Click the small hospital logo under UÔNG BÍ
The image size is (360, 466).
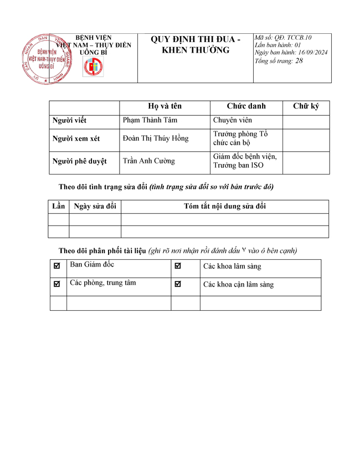coord(93,68)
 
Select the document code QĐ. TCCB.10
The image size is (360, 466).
coord(293,38)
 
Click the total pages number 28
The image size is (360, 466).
coord(299,61)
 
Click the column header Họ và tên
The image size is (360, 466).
coord(164,106)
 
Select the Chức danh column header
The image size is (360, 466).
coord(246,106)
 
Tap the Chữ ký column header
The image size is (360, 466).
coord(306,106)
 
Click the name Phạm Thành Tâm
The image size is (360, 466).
coord(150,120)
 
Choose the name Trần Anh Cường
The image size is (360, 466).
coord(148,161)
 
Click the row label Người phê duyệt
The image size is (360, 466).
coord(79,161)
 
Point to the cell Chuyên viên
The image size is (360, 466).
coord(232,120)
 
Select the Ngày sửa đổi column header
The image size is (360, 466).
coord(95,207)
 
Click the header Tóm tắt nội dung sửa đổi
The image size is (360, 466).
coord(225,207)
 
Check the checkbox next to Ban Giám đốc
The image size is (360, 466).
coord(57,266)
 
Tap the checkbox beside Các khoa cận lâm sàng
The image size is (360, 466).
coord(178,284)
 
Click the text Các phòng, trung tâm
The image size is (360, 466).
coord(102,283)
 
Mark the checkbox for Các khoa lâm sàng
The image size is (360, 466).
coord(178,266)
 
